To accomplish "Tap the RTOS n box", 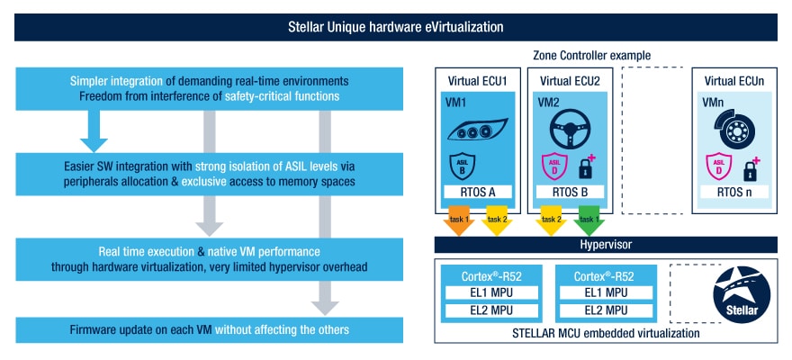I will pyautogui.click(x=729, y=192).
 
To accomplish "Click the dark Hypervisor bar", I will pyautogui.click(x=605, y=245).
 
